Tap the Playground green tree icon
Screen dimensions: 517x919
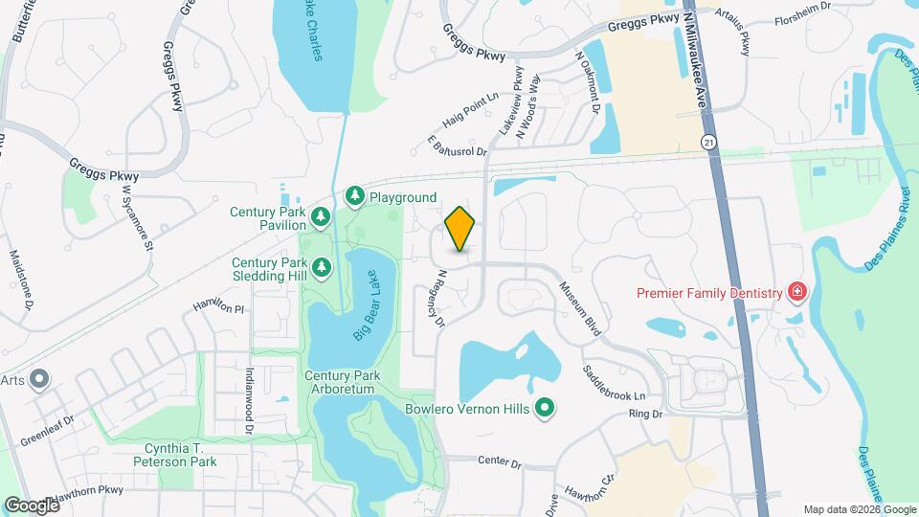click(x=356, y=197)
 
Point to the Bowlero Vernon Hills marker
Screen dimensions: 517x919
click(x=545, y=409)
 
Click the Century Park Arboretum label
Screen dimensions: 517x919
click(x=344, y=382)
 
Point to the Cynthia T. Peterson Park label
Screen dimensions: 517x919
click(x=181, y=455)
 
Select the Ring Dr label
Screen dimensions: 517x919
click(x=645, y=415)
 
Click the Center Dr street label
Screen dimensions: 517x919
click(x=500, y=464)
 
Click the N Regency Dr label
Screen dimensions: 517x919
click(x=439, y=298)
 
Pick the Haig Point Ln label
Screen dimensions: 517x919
click(x=471, y=111)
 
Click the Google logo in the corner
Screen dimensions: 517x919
click(x=32, y=505)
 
